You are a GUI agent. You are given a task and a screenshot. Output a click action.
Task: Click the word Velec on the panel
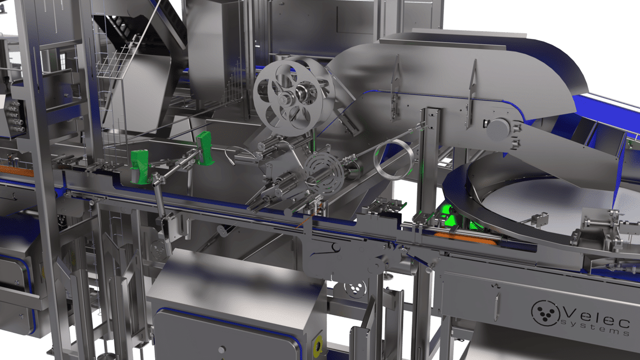pos(595,311)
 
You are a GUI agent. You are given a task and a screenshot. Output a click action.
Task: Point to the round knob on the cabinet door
pos(222,350)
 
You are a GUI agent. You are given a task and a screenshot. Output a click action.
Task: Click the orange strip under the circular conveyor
pos(464,239)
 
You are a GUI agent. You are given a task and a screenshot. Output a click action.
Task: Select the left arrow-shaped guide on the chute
pos(395,77)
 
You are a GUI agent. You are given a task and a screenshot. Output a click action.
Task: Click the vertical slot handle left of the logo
pos(497,306)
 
